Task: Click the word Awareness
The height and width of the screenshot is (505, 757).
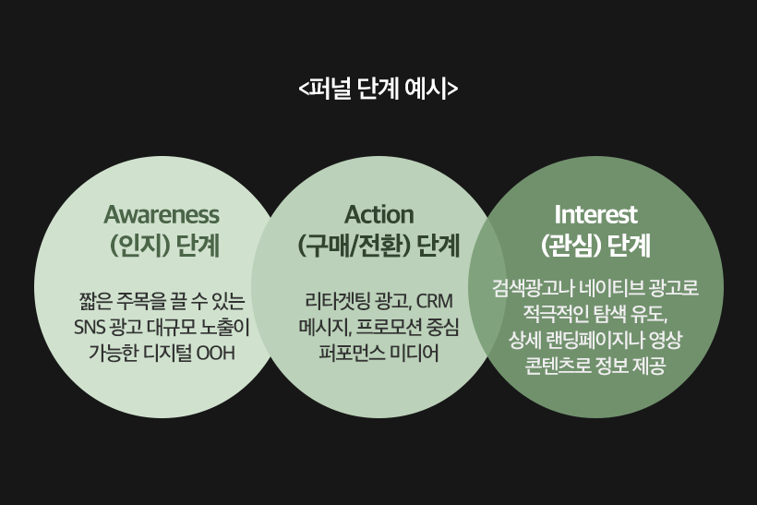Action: click(162, 215)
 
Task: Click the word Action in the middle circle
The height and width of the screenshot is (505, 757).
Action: click(379, 215)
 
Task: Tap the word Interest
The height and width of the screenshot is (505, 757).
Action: click(595, 214)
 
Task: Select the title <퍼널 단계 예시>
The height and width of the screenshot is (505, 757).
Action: click(378, 89)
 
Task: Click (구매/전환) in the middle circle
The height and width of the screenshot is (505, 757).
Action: click(354, 246)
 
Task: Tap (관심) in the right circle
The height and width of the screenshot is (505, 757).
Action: click(571, 246)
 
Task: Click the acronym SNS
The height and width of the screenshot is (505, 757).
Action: click(90, 328)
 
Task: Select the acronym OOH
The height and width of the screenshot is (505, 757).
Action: click(216, 353)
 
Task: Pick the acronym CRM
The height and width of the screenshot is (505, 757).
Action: click(435, 301)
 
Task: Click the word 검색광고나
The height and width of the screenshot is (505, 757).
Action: click(533, 288)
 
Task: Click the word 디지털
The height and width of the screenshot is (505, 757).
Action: click(168, 353)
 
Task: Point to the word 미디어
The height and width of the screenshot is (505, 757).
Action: click(415, 353)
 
